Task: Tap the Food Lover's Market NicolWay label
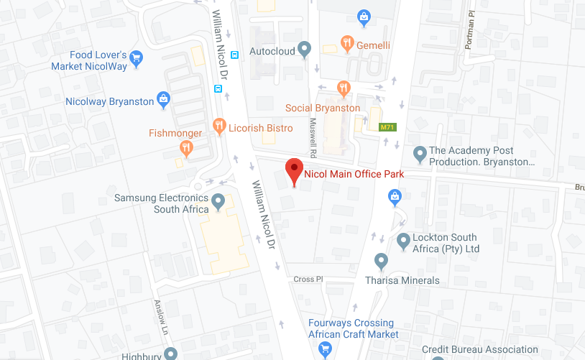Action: click(89, 61)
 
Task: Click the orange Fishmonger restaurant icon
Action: click(187, 148)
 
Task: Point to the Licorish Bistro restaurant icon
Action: click(220, 128)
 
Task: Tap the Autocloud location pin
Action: click(305, 49)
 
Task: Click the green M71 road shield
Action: click(388, 127)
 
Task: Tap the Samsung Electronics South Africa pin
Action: click(218, 200)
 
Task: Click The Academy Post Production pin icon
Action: click(420, 153)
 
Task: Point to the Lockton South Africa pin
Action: click(403, 239)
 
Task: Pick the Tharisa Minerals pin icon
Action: click(382, 260)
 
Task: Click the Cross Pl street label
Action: click(306, 279)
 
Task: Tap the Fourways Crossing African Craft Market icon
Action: click(325, 349)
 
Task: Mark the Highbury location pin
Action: click(170, 353)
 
